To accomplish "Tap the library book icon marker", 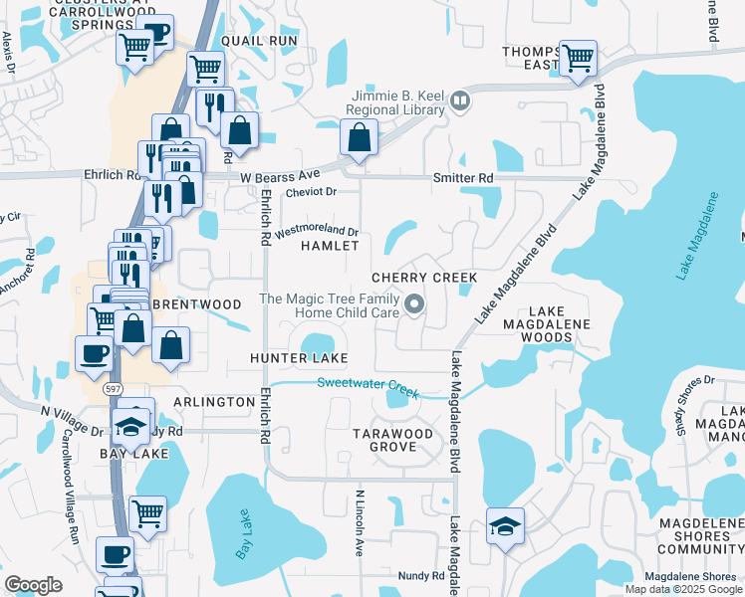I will pyautogui.click(x=460, y=99).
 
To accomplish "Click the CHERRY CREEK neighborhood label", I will pyautogui.click(x=424, y=277).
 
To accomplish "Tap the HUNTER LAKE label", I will pyautogui.click(x=300, y=357).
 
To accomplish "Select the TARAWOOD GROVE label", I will pyautogui.click(x=393, y=441).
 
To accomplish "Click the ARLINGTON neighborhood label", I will pyautogui.click(x=214, y=402).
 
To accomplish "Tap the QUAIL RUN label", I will pyautogui.click(x=260, y=41).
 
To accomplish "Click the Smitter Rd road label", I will pyautogui.click(x=463, y=178).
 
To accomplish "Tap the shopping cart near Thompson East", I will pyautogui.click(x=578, y=58).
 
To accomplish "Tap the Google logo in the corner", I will pyautogui.click(x=33, y=585).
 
